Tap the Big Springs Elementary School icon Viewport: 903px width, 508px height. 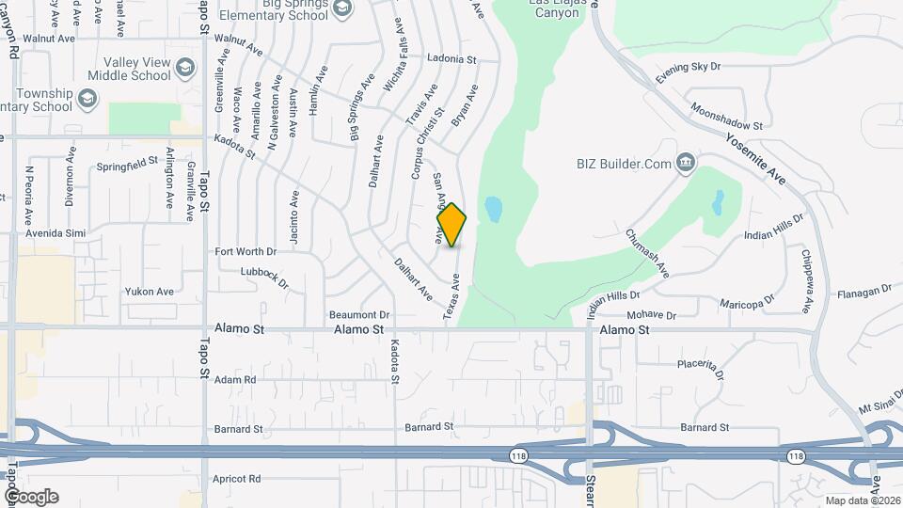[x=342, y=8]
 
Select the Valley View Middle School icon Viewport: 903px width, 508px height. [x=185, y=67]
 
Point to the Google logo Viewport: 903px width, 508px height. [x=31, y=496]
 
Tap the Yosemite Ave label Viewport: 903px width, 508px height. [x=754, y=156]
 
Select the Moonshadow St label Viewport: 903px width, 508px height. [x=725, y=117]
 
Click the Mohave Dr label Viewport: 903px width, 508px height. [x=651, y=314]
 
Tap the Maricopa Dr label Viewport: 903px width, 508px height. [x=746, y=303]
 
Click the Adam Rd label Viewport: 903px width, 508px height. [x=235, y=380]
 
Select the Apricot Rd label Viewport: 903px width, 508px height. [x=236, y=479]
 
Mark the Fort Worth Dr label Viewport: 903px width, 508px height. [x=246, y=251]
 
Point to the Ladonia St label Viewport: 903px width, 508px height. [x=451, y=58]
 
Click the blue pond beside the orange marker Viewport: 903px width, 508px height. [x=491, y=208]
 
